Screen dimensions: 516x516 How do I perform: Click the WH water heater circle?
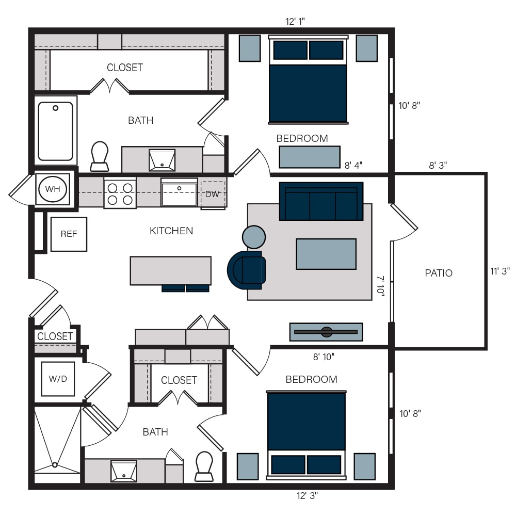point(53,189)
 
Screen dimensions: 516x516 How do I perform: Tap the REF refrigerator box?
point(69,234)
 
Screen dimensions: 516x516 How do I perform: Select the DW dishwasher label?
point(212,194)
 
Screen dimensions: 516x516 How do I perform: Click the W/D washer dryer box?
point(58,379)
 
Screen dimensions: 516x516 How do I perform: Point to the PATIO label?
point(439,273)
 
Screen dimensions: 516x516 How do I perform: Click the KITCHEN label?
point(171,231)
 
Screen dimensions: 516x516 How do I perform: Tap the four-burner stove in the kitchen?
point(120,193)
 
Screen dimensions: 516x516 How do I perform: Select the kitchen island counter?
point(170,270)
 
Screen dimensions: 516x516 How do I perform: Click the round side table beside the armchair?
point(254,237)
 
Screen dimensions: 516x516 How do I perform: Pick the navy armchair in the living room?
point(247,270)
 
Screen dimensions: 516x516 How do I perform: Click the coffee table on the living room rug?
point(326,254)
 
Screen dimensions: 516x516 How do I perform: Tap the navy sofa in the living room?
point(321,201)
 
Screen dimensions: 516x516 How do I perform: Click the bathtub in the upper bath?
point(56,131)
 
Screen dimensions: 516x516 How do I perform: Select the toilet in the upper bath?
point(100,156)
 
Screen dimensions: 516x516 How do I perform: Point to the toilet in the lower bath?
point(204,466)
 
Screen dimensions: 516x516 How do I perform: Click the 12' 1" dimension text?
point(295,21)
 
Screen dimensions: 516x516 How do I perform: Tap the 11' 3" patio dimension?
point(500,271)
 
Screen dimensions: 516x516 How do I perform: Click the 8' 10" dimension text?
point(324,357)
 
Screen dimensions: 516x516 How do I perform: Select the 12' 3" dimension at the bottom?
point(308,495)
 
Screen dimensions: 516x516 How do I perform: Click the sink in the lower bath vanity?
point(124,471)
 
